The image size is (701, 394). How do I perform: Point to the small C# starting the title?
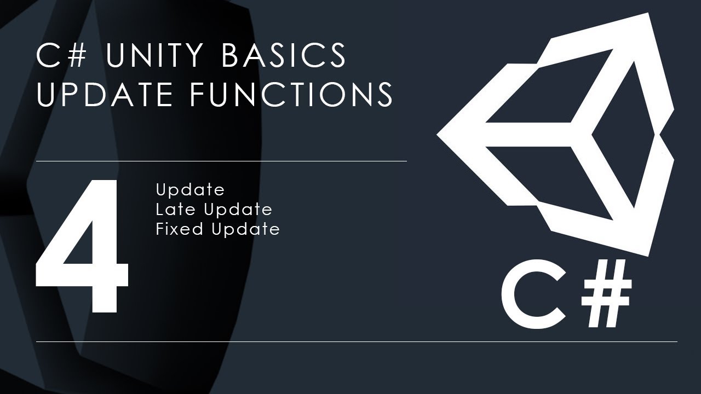(61, 55)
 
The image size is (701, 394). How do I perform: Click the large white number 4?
(82, 246)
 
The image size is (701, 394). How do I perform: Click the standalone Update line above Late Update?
(190, 190)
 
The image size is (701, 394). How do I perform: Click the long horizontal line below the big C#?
(357, 341)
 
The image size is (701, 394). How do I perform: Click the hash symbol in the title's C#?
(76, 55)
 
